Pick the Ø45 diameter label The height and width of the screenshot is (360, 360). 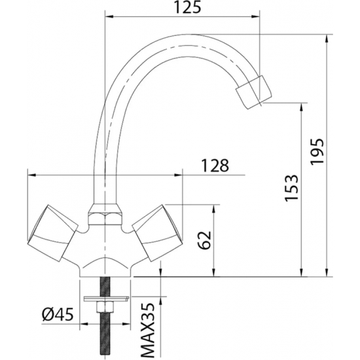[x=56, y=314]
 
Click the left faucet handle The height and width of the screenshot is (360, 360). [x=51, y=232]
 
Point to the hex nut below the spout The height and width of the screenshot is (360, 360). [x=105, y=216]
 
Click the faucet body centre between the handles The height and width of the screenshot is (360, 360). [x=105, y=252]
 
